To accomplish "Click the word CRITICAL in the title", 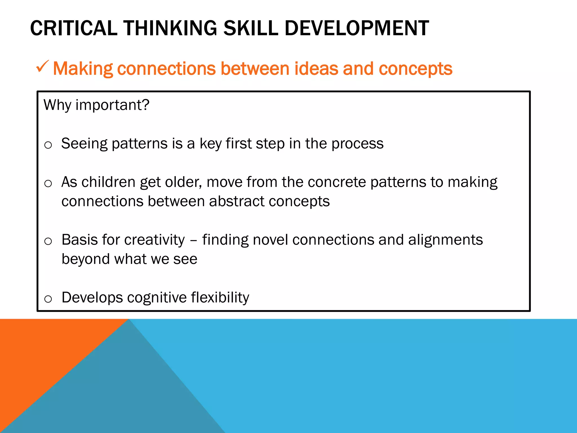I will (74, 28).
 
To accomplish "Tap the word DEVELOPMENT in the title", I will (357, 28).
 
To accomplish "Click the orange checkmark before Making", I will (42, 67).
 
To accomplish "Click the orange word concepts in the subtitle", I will (415, 69).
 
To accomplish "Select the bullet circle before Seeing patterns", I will (48, 145).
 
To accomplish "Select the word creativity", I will (154, 240).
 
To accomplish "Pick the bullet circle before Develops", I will (48, 299).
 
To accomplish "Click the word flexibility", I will (220, 298).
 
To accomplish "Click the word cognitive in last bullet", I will (157, 298).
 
